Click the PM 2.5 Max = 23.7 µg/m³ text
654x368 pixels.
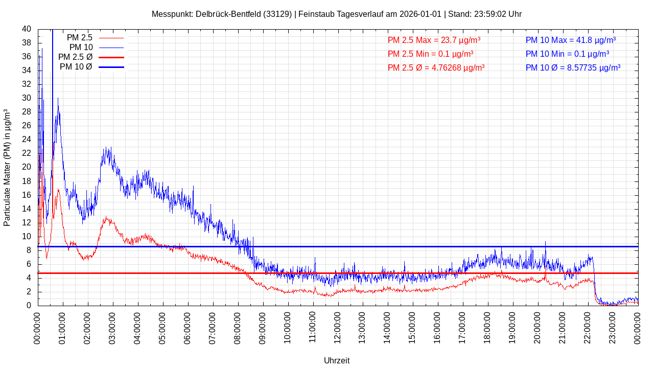pos(434,40)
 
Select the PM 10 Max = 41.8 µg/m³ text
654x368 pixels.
pos(571,40)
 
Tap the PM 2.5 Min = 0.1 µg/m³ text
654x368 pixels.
pos(430,54)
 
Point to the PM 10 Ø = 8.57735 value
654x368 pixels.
pos(573,67)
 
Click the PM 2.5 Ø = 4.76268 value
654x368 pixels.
pos(436,67)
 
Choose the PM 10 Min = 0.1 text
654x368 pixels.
pos(567,54)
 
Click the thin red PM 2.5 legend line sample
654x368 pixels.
pos(111,38)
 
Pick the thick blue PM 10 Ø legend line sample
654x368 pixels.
pos(111,67)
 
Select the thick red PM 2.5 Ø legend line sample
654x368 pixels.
pos(111,57)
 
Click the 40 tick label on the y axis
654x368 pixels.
pos(27,29)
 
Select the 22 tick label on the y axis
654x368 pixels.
pos(27,153)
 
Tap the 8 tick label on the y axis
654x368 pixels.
pos(29,250)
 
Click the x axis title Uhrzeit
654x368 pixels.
pos(337,360)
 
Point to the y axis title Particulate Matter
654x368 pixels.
pos(7,167)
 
